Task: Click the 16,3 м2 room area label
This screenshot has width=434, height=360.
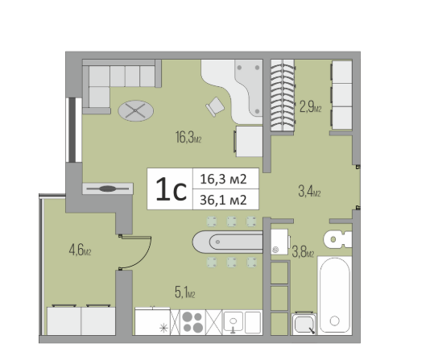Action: tap(188, 137)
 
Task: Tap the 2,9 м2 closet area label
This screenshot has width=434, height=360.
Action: tap(310, 106)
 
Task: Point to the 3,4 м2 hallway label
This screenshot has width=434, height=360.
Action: tap(309, 191)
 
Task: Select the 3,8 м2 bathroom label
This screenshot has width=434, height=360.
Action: tap(303, 252)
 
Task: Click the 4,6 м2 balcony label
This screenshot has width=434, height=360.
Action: tap(80, 250)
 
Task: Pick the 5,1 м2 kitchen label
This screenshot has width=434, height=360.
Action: tap(185, 292)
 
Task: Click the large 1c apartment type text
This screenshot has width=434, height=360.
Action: tap(171, 189)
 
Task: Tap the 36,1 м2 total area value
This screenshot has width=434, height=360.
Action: tap(223, 200)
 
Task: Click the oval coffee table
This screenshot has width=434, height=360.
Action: tap(135, 111)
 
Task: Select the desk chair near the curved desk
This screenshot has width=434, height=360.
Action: tap(215, 106)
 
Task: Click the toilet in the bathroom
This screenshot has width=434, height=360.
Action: tap(337, 239)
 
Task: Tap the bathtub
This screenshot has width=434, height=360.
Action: tap(335, 296)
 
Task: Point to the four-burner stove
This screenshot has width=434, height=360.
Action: tap(192, 322)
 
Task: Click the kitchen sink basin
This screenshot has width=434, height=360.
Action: tap(233, 321)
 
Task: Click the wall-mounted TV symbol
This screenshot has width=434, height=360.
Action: tap(108, 189)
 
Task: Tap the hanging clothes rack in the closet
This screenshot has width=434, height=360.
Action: tap(283, 96)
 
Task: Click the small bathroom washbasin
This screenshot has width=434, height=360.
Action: tap(304, 324)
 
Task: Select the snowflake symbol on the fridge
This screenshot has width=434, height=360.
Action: tap(164, 329)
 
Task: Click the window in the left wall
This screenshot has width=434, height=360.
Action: tap(73, 130)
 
